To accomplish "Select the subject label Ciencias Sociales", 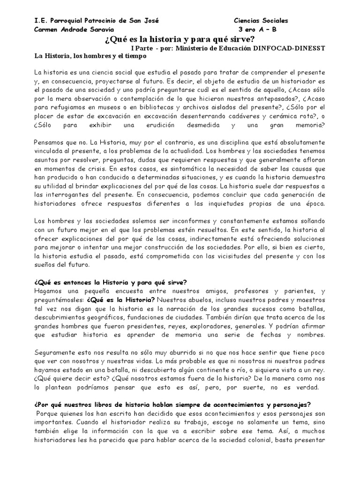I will coord(261,21).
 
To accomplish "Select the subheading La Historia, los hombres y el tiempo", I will coord(91,56).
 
